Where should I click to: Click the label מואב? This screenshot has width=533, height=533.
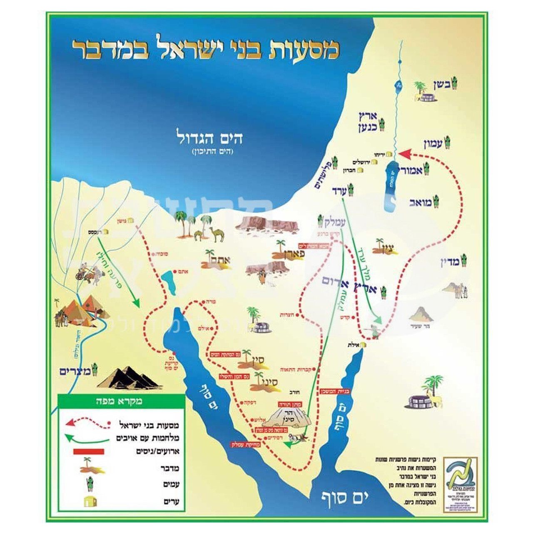point(421,202)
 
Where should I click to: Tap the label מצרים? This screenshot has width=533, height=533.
point(75,371)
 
